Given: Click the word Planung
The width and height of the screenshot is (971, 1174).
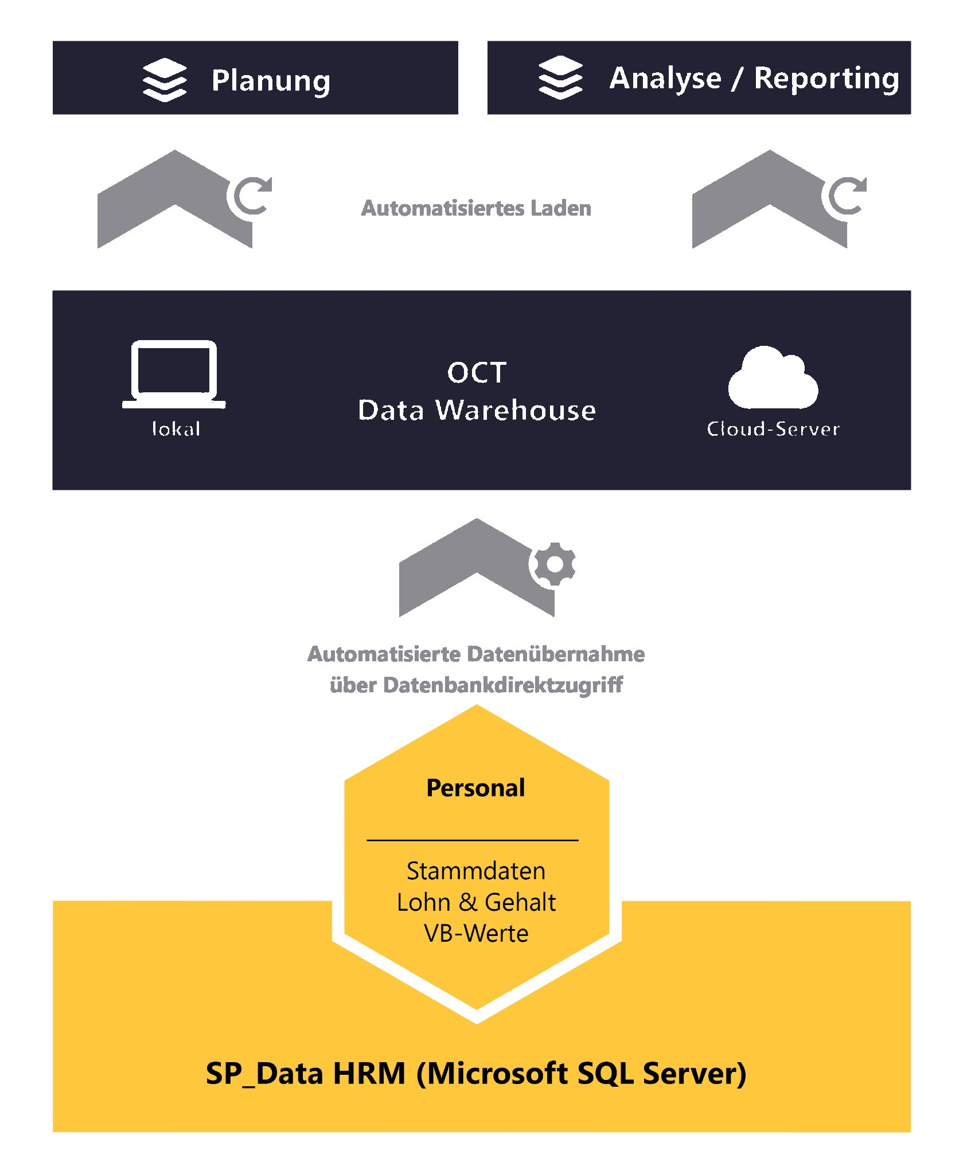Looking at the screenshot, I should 271,80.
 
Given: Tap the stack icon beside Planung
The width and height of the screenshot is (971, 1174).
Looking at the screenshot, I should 165,80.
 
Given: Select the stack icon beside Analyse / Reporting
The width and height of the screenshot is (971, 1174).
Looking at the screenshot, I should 560,77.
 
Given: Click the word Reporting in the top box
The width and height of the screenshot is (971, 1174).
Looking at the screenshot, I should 826,79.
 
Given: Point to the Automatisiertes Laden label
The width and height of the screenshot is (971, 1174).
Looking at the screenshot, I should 476,208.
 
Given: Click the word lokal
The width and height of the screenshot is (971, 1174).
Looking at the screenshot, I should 176,428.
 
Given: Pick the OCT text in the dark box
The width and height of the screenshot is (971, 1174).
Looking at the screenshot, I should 477,373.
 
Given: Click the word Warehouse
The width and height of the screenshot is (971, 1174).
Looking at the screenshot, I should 516,411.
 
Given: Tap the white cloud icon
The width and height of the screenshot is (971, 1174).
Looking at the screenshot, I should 773,378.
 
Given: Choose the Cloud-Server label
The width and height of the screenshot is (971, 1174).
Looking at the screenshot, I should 773,429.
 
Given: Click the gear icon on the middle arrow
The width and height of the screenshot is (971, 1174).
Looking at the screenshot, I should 554,564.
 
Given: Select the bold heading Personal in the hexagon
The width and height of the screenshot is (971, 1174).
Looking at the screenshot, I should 475,788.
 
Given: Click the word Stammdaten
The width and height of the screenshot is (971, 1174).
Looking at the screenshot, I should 476,871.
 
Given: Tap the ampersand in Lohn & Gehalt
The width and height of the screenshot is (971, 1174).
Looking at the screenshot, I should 467,903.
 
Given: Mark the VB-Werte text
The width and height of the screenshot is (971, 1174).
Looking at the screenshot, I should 476,934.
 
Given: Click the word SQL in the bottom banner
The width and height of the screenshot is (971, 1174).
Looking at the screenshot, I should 606,1074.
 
